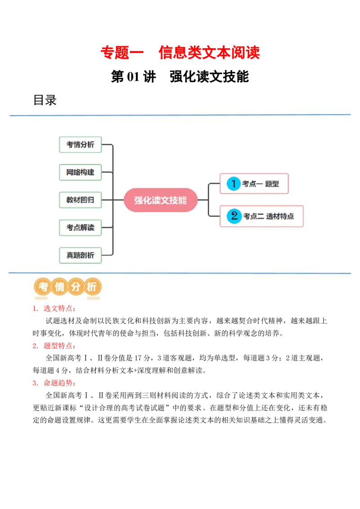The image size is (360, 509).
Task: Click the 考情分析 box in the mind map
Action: (81, 145)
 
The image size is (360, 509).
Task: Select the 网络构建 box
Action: (81, 172)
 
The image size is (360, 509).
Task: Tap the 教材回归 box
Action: (81, 200)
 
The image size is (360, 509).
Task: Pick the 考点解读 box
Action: (81, 228)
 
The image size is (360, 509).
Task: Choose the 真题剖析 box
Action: (81, 255)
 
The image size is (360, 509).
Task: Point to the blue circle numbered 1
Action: (234, 183)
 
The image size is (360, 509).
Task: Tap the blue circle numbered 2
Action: (234, 216)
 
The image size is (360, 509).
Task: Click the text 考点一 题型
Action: (261, 184)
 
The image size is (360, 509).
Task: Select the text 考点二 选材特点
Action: (269, 216)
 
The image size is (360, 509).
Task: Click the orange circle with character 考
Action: (44, 287)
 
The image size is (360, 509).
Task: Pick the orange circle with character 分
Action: (76, 287)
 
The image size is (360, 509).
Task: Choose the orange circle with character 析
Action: (92, 287)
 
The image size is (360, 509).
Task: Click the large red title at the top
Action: (180, 53)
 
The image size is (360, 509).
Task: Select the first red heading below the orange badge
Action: (54, 309)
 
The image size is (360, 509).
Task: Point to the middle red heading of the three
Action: (54, 346)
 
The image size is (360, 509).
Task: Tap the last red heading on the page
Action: (54, 384)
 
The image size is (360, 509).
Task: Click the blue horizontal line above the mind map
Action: (180, 115)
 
